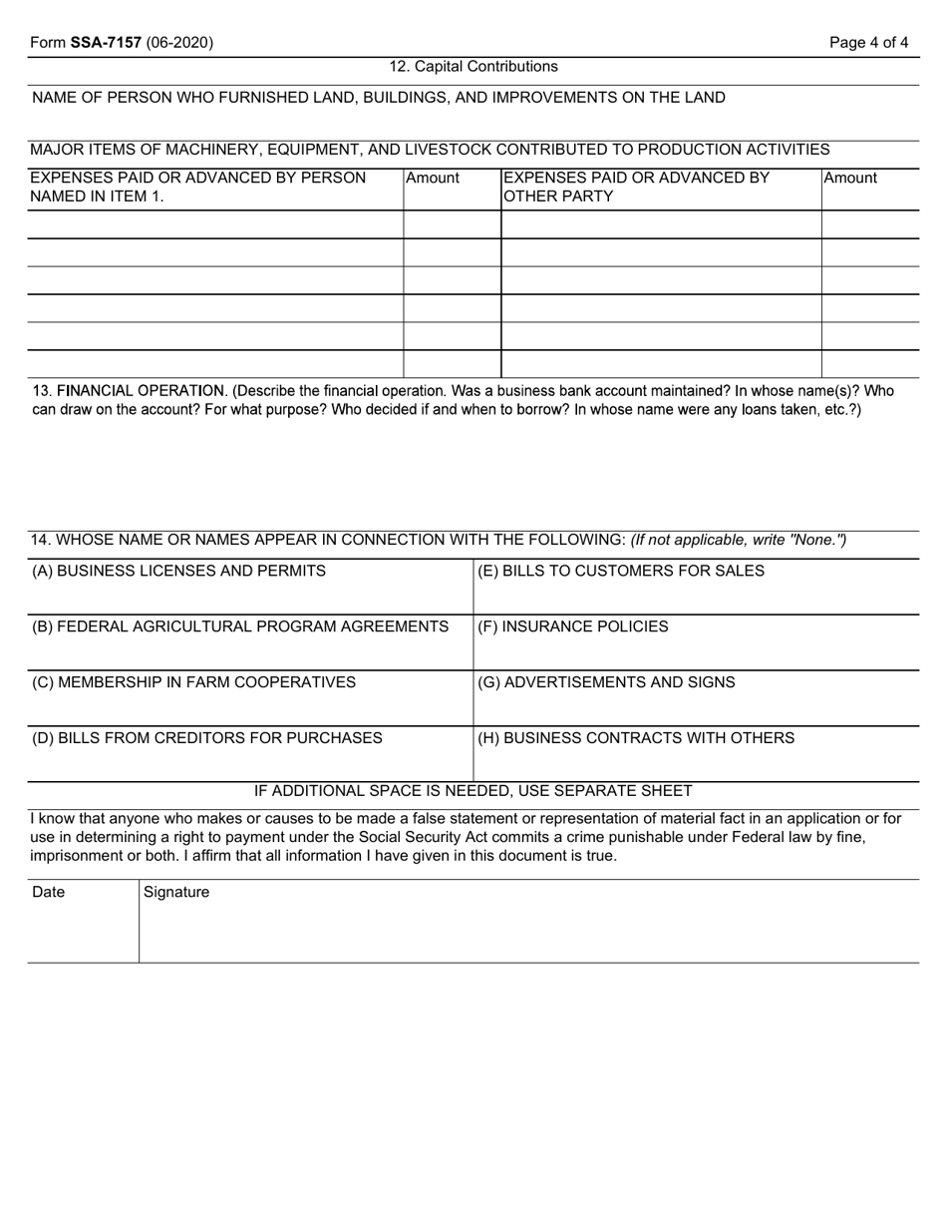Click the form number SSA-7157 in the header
click(x=106, y=43)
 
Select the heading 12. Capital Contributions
click(x=473, y=67)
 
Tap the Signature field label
click(x=176, y=892)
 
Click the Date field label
click(x=48, y=892)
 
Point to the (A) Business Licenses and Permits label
click(x=179, y=571)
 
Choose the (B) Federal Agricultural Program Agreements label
click(x=240, y=626)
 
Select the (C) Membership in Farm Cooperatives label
click(x=194, y=682)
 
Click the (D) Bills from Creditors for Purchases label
click(x=207, y=738)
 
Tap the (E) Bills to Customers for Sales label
click(x=621, y=571)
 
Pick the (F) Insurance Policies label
click(x=573, y=626)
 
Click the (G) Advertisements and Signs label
click(x=606, y=682)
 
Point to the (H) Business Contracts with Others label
click(x=636, y=738)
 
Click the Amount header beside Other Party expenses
click(x=850, y=179)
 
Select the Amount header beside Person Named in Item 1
click(x=433, y=179)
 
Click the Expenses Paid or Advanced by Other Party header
click(x=638, y=187)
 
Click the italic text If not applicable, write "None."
click(x=739, y=540)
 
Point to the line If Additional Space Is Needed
click(x=473, y=791)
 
